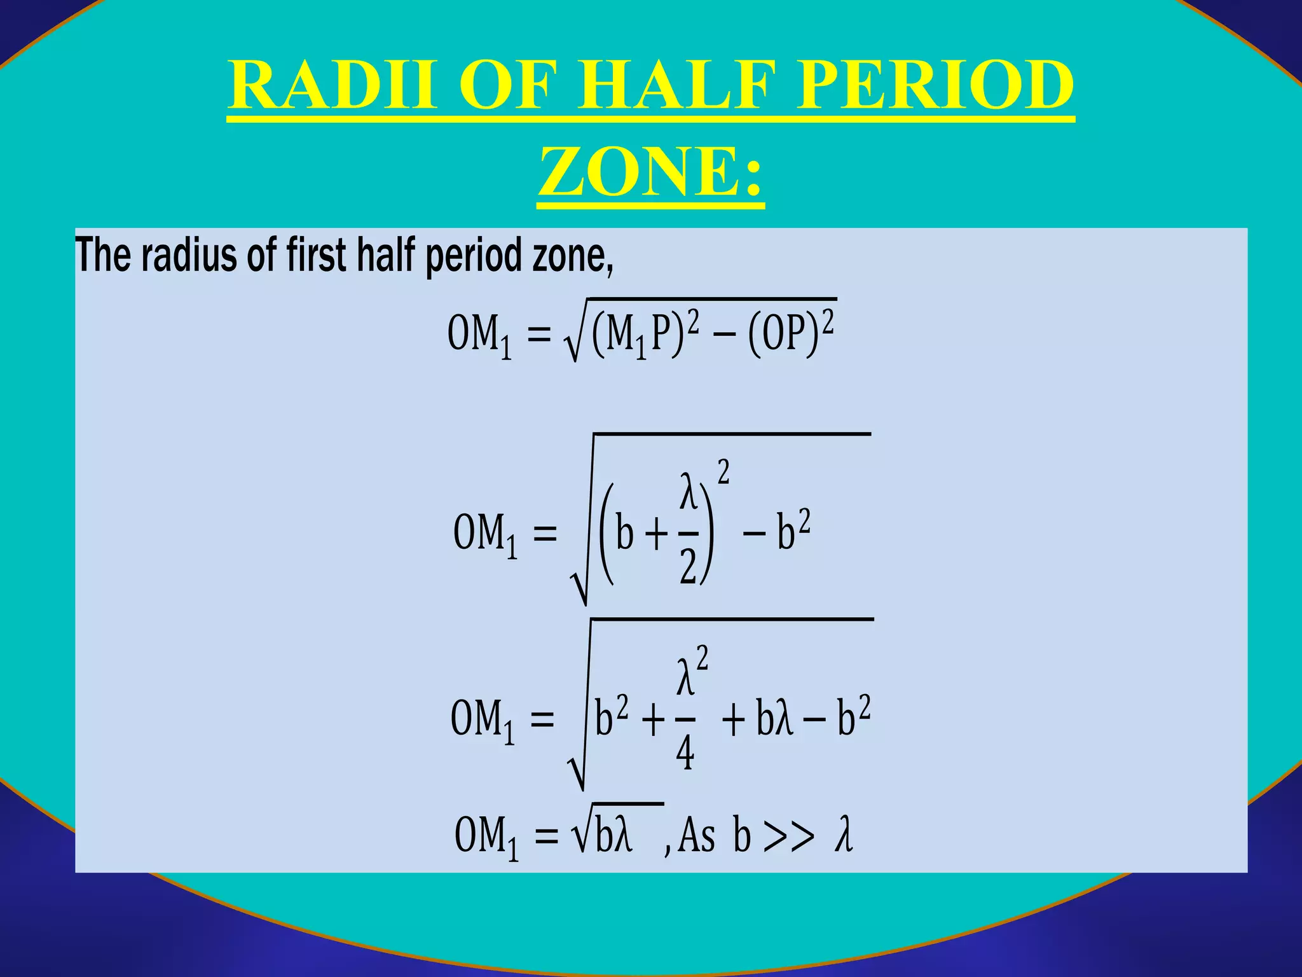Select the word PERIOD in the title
point(935,86)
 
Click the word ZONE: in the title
point(650,172)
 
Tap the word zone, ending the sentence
point(572,256)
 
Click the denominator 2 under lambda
point(688,565)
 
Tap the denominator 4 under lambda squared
point(685,753)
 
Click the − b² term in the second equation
point(776,532)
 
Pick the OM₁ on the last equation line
point(486,836)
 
